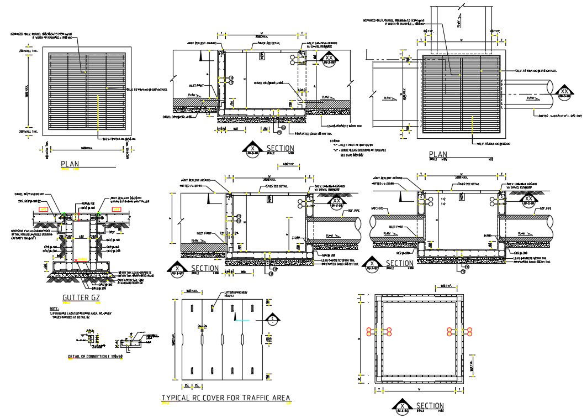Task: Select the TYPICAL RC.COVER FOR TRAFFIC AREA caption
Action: [x=226, y=398]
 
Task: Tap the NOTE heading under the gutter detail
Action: [x=54, y=309]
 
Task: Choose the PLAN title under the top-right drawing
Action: [x=438, y=154]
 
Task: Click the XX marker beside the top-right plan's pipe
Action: [x=564, y=92]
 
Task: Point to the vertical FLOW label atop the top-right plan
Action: [x=458, y=21]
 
